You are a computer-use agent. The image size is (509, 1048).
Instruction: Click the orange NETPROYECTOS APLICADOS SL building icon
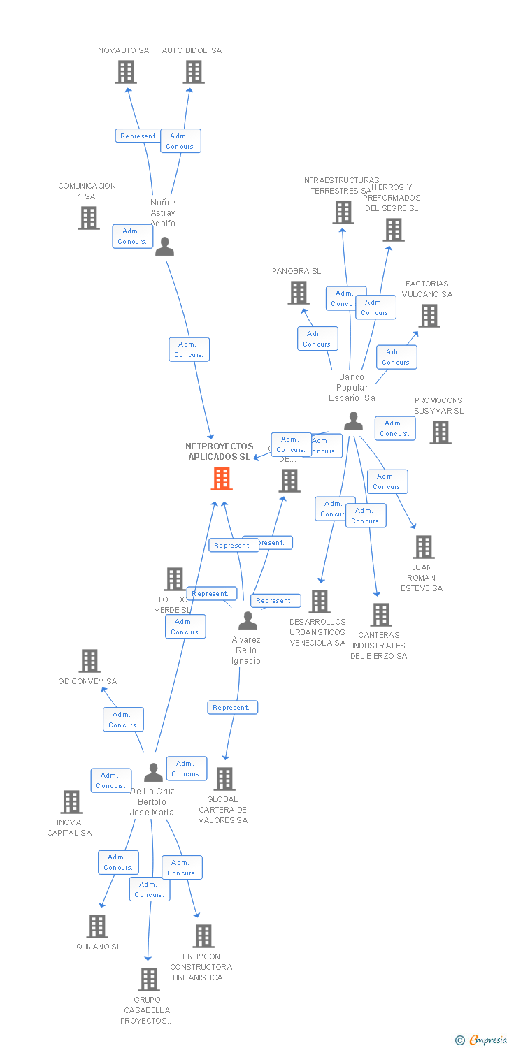click(x=222, y=479)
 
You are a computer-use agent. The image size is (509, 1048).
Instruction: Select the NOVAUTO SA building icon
click(x=126, y=72)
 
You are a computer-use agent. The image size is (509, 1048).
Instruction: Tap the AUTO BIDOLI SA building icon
click(x=194, y=72)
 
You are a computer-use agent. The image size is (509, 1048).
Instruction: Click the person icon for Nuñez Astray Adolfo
click(x=164, y=247)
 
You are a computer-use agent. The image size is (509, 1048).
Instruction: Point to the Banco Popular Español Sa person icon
click(x=353, y=421)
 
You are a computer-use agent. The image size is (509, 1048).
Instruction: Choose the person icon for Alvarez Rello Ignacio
click(x=248, y=621)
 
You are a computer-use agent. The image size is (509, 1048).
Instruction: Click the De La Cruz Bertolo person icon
click(x=153, y=773)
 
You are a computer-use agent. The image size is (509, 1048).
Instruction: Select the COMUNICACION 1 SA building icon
click(x=89, y=218)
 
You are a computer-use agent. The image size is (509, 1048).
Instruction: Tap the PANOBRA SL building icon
click(x=299, y=293)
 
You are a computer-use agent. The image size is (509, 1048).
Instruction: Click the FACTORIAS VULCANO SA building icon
click(x=429, y=316)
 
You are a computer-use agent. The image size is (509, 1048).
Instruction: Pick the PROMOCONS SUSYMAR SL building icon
click(x=440, y=432)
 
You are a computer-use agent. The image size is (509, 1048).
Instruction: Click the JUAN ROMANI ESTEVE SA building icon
click(x=423, y=547)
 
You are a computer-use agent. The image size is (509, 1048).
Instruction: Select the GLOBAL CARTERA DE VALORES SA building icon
click(x=224, y=779)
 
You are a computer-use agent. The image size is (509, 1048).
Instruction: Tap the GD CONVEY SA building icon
click(x=89, y=661)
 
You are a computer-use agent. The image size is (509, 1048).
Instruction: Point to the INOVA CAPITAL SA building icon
click(x=71, y=802)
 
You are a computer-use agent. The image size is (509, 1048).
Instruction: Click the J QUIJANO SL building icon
click(x=97, y=926)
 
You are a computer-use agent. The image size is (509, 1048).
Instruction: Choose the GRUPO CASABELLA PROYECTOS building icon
click(x=148, y=980)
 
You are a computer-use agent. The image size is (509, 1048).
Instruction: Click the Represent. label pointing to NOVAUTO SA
click(x=138, y=136)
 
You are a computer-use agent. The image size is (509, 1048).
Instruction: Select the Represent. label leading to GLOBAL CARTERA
click(x=232, y=708)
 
